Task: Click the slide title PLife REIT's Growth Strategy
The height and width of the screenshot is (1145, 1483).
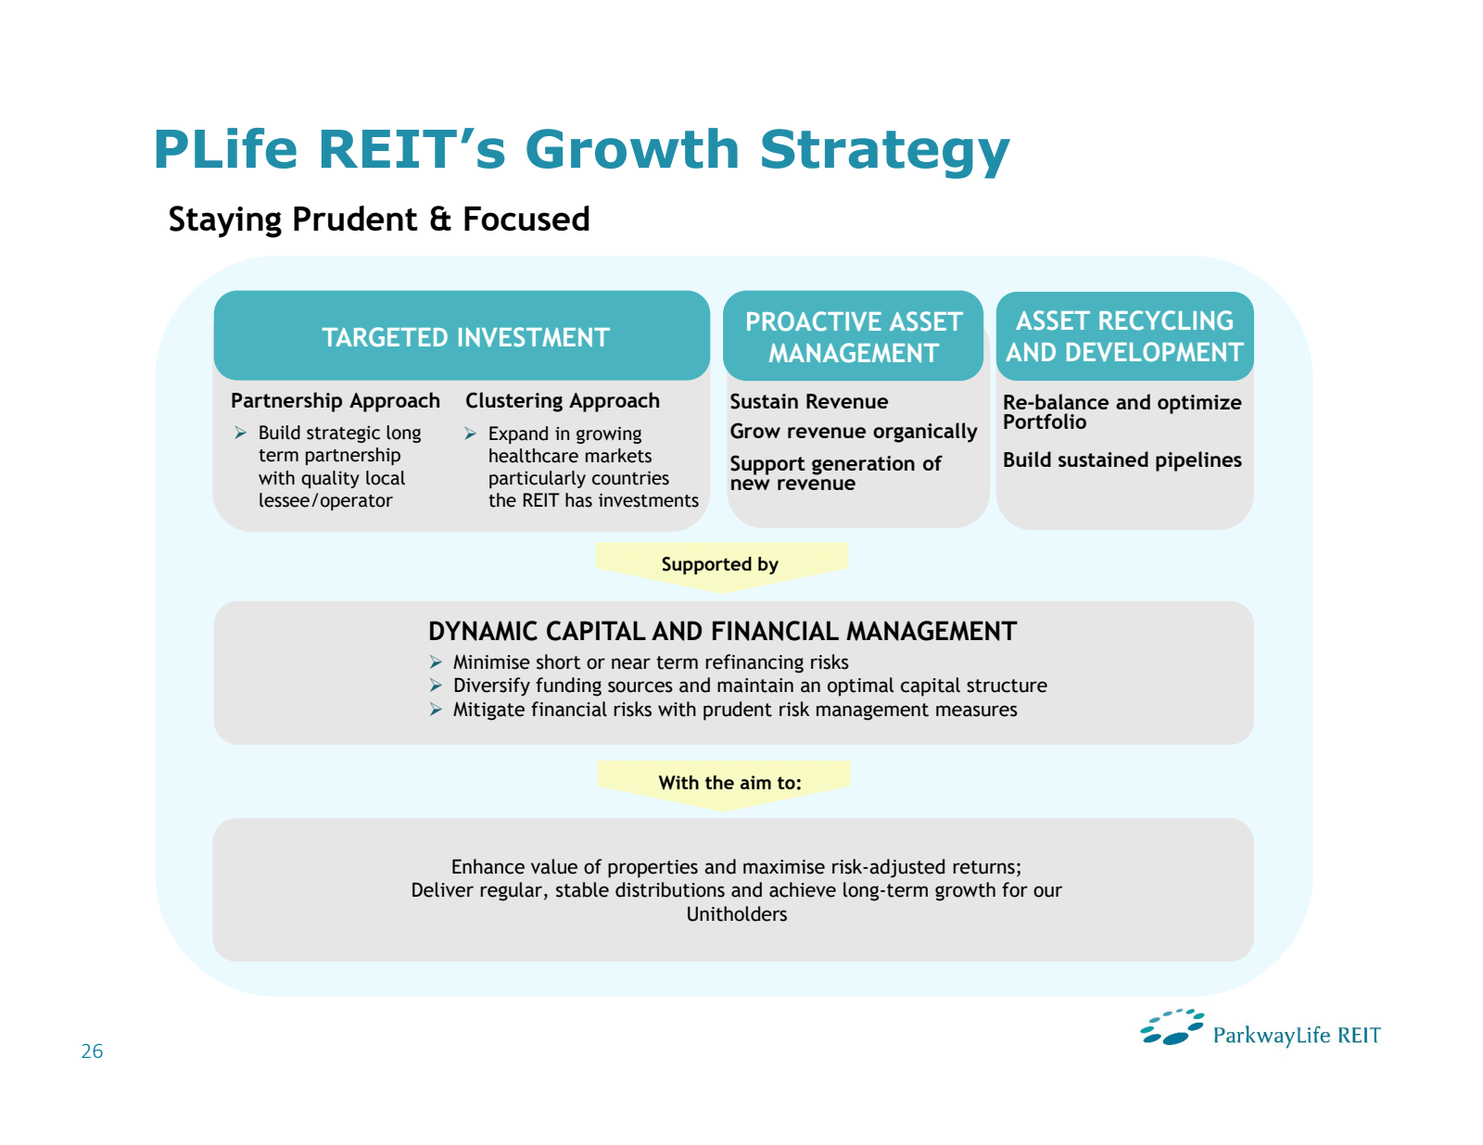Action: click(581, 149)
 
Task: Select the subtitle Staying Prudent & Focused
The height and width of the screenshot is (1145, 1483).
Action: click(379, 220)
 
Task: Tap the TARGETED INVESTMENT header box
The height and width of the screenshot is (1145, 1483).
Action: click(465, 337)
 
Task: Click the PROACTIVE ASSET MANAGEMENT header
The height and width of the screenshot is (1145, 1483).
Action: click(853, 337)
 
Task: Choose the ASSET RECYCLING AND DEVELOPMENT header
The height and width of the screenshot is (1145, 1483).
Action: click(1124, 336)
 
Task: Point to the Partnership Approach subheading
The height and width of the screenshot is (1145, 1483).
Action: click(336, 401)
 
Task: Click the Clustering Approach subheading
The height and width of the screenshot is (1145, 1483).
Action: click(563, 401)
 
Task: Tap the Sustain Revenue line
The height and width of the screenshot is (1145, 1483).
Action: click(808, 402)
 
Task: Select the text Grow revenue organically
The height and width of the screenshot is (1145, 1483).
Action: click(853, 432)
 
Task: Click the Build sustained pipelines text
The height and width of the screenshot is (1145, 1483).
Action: click(1122, 460)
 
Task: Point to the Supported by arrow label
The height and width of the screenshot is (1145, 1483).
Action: click(720, 564)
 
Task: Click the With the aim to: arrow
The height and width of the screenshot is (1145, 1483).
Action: click(729, 783)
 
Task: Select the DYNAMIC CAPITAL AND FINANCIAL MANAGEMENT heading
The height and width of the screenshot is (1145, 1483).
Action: click(722, 632)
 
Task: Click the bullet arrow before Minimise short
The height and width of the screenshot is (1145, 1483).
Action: click(436, 662)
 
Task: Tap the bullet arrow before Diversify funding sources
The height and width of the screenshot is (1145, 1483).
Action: click(436, 686)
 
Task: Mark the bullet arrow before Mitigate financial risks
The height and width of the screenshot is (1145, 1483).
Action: click(436, 710)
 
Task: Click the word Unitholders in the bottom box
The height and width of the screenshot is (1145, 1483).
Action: click(737, 914)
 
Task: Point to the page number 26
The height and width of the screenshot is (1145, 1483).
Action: click(92, 1051)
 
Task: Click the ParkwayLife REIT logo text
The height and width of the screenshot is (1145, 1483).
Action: click(1296, 1036)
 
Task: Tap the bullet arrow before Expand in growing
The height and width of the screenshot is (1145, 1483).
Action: click(471, 434)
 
